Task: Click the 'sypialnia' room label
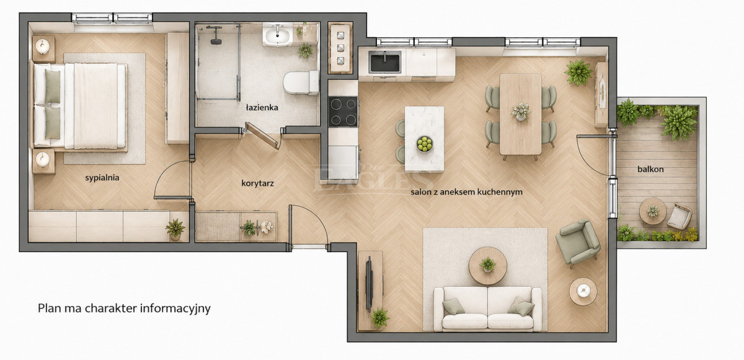102,178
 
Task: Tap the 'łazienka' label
262,107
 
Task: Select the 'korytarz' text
257,183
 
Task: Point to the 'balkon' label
650,169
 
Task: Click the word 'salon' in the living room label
421,192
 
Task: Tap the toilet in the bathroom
301,82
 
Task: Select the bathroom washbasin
278,34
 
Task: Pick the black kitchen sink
385,63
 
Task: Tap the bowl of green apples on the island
425,144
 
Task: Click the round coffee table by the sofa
487,266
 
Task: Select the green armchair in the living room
578,242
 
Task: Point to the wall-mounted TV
369,284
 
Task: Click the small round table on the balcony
653,211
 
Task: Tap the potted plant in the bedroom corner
175,229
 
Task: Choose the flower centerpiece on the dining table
520,111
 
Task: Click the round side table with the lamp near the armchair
583,291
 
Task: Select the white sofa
487,309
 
